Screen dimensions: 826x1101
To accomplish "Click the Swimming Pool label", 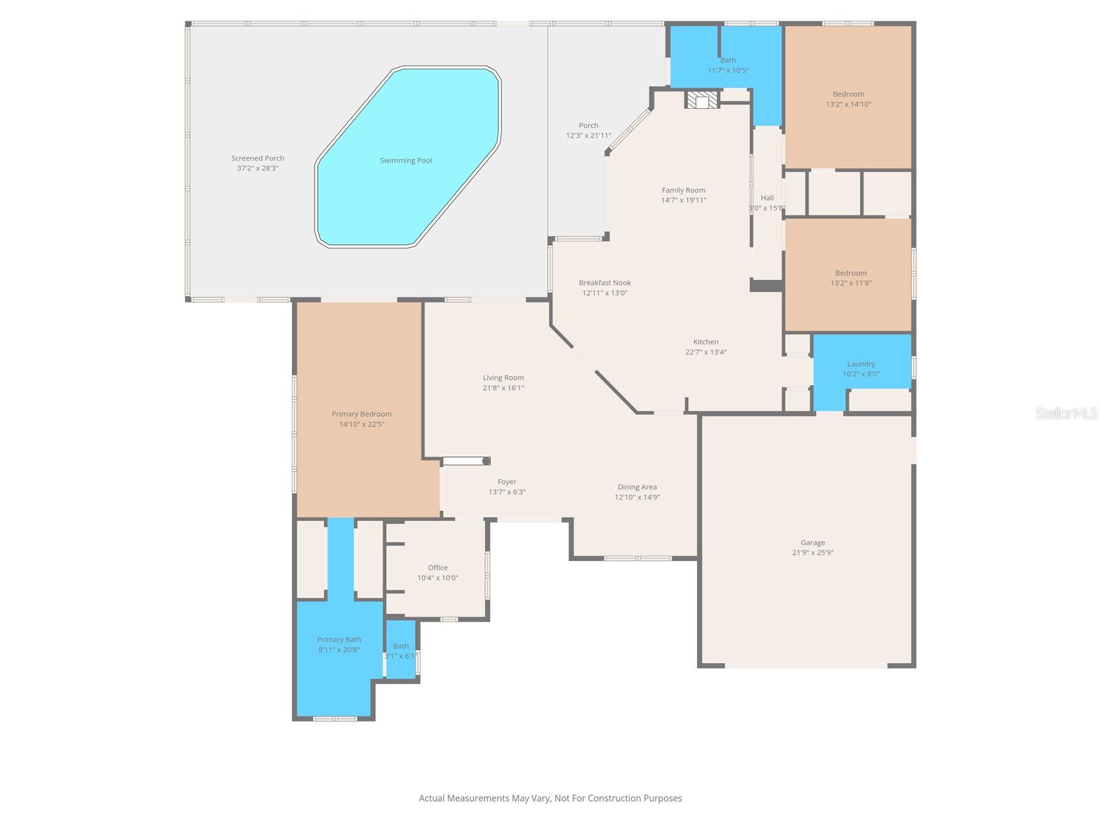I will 406,160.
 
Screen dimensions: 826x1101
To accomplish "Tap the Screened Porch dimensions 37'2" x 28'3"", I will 258,168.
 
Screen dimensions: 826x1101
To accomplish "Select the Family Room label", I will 683,190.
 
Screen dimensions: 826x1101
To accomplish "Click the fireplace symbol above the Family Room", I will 701,100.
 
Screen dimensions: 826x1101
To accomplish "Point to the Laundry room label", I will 861,363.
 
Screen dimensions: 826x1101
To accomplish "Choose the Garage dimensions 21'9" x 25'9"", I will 813,552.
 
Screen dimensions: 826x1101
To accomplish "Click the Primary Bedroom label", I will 361,414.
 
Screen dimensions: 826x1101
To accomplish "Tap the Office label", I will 438,568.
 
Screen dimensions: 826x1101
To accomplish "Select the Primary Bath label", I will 339,639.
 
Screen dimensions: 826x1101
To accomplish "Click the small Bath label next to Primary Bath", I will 400,646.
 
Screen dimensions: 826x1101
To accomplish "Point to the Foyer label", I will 507,482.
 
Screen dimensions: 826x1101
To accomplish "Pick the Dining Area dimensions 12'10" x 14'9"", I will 637,497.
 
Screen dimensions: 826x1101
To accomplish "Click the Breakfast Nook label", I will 605,282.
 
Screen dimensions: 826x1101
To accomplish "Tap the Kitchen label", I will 706,341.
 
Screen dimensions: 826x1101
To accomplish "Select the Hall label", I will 767,198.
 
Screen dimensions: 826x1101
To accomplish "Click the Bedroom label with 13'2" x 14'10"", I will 848,94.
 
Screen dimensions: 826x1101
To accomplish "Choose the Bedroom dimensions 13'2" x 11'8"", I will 851,283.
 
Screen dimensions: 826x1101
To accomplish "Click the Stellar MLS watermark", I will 1067,413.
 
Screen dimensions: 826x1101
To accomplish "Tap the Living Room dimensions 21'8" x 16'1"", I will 503,388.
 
